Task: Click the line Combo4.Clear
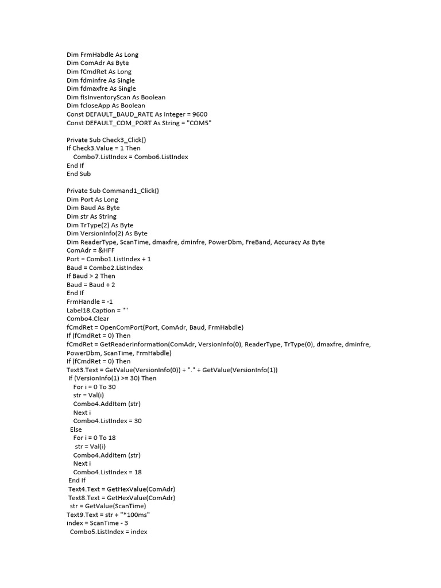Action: click(88, 319)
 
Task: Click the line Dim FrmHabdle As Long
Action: click(102, 55)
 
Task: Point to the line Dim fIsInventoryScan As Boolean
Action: click(116, 97)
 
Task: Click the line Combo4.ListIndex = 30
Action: click(107, 421)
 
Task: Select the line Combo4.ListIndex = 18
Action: click(107, 472)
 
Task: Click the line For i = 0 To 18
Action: click(95, 438)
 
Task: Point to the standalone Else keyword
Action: click(76, 430)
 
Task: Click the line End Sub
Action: click(79, 173)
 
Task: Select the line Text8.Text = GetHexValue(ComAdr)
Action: click(122, 497)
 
